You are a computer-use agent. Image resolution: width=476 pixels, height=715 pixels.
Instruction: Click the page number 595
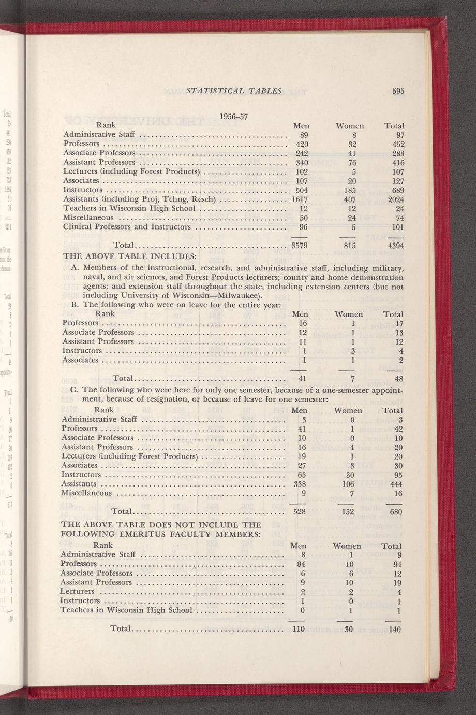(x=397, y=91)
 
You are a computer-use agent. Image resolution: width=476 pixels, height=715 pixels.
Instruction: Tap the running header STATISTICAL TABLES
(x=233, y=91)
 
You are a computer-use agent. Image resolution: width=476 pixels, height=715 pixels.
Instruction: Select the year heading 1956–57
(x=234, y=116)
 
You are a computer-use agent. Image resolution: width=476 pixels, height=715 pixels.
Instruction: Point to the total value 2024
(x=395, y=199)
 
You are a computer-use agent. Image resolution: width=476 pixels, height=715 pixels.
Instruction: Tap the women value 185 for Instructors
(x=350, y=190)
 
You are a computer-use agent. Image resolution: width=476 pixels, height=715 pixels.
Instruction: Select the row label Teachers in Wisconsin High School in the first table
(x=129, y=208)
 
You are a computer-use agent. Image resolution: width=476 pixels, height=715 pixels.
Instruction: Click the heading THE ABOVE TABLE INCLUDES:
(x=129, y=256)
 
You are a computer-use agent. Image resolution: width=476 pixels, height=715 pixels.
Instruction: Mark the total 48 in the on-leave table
(x=398, y=379)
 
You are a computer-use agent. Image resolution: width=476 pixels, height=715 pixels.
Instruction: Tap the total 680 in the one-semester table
(x=395, y=512)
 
